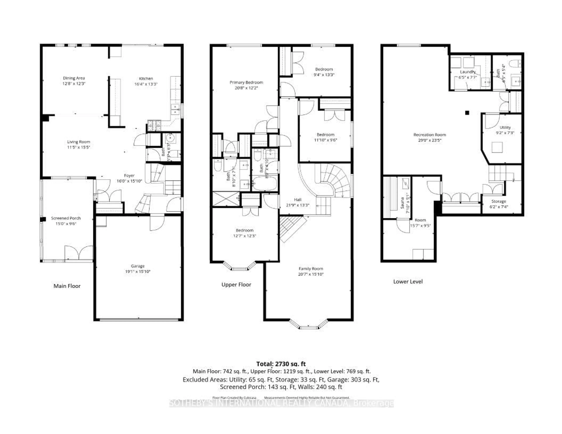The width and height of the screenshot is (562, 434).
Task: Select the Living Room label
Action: [78, 142]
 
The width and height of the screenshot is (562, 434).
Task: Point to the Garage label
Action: [138, 266]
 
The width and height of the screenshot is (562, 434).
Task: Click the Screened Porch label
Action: [66, 218]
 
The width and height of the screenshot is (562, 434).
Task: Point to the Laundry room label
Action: [468, 72]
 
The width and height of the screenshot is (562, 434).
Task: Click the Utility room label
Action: [505, 128]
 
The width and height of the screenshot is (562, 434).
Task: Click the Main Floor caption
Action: [67, 286]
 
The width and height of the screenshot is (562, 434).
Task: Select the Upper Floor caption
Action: [236, 285]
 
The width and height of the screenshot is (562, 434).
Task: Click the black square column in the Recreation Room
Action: [467, 113]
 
